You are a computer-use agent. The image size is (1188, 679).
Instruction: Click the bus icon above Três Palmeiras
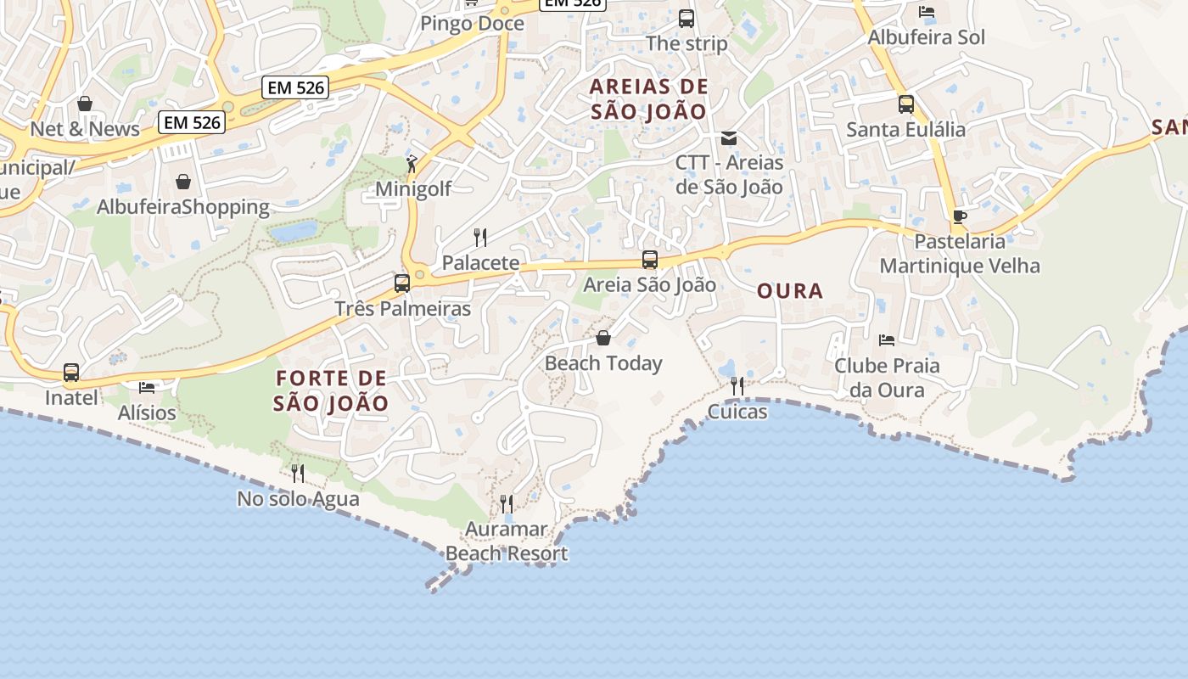[402, 283]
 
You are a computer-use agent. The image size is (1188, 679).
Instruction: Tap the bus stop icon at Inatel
[71, 373]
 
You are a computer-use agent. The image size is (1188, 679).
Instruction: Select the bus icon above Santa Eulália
[906, 104]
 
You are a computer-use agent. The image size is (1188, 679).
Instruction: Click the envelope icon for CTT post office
[729, 137]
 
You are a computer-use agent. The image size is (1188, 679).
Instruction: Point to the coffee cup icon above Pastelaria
[960, 216]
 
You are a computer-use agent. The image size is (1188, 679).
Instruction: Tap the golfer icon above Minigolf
[412, 164]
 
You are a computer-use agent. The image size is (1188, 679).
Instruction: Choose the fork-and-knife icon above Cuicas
[737, 386]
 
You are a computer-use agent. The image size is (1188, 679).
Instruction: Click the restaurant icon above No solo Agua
[298, 473]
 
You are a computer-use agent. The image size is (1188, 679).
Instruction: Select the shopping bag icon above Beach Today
[603, 338]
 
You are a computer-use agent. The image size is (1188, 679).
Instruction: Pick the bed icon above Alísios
[147, 388]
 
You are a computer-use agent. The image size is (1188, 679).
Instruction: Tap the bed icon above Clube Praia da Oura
[887, 340]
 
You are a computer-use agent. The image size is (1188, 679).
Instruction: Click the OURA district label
[790, 291]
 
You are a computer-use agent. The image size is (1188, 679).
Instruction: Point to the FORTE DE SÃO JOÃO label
[331, 390]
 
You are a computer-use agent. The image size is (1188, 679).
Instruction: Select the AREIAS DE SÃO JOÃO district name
[649, 98]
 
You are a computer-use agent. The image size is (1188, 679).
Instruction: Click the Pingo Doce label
[473, 24]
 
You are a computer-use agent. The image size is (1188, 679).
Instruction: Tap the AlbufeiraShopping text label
[183, 207]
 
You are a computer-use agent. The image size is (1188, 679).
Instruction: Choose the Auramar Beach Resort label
[507, 542]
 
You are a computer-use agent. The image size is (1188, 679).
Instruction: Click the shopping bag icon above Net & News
[85, 104]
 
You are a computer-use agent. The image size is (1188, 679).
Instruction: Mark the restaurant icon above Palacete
[480, 237]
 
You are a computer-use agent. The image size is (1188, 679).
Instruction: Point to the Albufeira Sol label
[927, 37]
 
